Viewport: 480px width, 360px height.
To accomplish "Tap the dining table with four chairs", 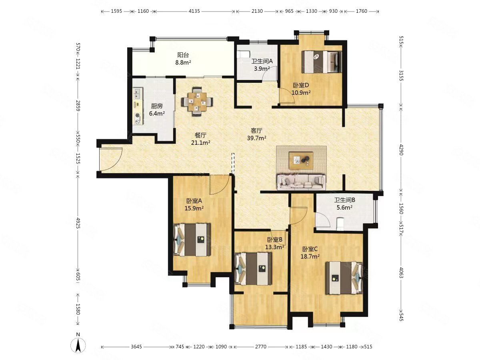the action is click(197, 102).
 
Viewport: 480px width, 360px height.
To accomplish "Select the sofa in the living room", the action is click(301, 182).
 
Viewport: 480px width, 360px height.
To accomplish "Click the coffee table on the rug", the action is click(301, 161).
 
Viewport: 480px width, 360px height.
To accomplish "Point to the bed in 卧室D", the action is click(322, 62).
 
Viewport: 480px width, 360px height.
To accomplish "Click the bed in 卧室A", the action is click(192, 240).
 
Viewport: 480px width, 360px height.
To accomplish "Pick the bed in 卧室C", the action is click(344, 278).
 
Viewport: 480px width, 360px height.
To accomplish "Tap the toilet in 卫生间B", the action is click(340, 224).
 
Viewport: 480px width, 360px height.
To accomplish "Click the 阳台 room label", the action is click(183, 55).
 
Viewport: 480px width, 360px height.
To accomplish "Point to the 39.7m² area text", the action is click(256, 138).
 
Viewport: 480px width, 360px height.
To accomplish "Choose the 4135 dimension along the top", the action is click(194, 11).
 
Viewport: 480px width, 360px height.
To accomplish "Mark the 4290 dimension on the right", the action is click(401, 150).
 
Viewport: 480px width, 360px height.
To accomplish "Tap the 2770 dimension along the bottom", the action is click(261, 347).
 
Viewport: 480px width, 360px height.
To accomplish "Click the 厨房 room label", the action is click(157, 106).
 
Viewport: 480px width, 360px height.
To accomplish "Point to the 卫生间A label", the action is click(262, 62).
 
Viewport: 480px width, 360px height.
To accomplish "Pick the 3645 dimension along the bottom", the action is click(136, 347).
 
